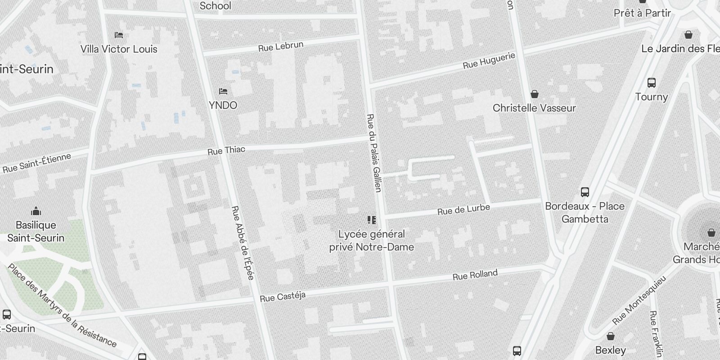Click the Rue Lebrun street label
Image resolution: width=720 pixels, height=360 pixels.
(x=281, y=46)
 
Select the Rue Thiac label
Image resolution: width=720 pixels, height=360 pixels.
(x=226, y=150)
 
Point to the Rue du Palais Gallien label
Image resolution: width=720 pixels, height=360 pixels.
(x=374, y=153)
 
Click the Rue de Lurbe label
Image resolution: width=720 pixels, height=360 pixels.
(x=463, y=209)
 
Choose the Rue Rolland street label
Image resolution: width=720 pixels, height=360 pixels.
(x=475, y=274)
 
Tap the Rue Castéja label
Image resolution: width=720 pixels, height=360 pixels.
(x=283, y=297)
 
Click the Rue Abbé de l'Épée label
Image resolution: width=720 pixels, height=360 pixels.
(x=243, y=243)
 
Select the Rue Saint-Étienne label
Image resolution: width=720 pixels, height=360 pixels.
(x=37, y=163)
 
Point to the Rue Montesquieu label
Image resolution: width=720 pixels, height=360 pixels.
(x=639, y=300)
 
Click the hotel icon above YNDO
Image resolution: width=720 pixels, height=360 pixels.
(x=223, y=91)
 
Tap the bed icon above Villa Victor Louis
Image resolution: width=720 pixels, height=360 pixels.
(x=119, y=35)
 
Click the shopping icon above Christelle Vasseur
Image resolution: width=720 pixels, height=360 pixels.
(x=535, y=94)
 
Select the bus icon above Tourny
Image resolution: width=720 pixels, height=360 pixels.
(x=652, y=83)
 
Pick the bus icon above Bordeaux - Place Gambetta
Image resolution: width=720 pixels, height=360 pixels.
(x=585, y=192)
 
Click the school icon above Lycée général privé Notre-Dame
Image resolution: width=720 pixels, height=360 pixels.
(x=372, y=220)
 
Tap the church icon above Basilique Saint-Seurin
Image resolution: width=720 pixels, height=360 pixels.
(x=36, y=211)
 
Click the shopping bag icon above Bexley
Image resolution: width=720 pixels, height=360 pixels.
(x=611, y=336)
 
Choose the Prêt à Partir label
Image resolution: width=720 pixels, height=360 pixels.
(x=642, y=13)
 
